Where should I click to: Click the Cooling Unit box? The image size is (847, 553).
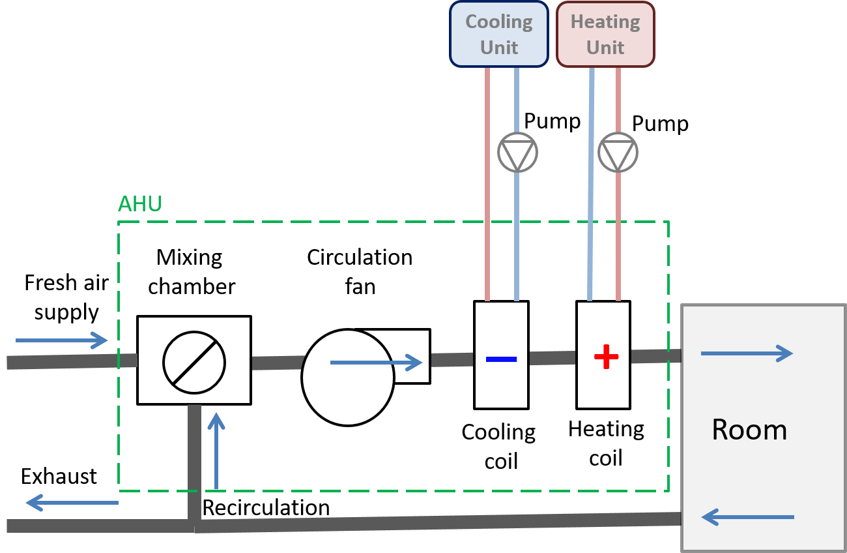(498, 34)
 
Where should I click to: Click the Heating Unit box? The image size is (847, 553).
(605, 34)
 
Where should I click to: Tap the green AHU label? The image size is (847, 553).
(139, 204)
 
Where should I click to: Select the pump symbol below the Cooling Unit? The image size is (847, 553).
(517, 153)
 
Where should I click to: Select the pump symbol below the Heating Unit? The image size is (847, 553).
(618, 153)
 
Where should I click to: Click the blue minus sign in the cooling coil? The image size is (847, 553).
(501, 359)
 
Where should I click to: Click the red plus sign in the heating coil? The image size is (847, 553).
(606, 357)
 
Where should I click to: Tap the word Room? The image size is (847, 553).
(749, 430)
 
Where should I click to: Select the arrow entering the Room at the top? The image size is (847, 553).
(747, 353)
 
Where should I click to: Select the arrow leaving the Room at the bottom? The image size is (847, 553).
(748, 517)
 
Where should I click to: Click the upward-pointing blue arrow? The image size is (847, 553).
(216, 450)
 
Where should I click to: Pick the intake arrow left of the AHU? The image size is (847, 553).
(62, 340)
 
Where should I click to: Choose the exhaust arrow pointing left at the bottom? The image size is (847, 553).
(72, 502)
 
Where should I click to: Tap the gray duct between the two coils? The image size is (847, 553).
(552, 357)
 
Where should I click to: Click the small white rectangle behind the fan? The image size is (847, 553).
(410, 355)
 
